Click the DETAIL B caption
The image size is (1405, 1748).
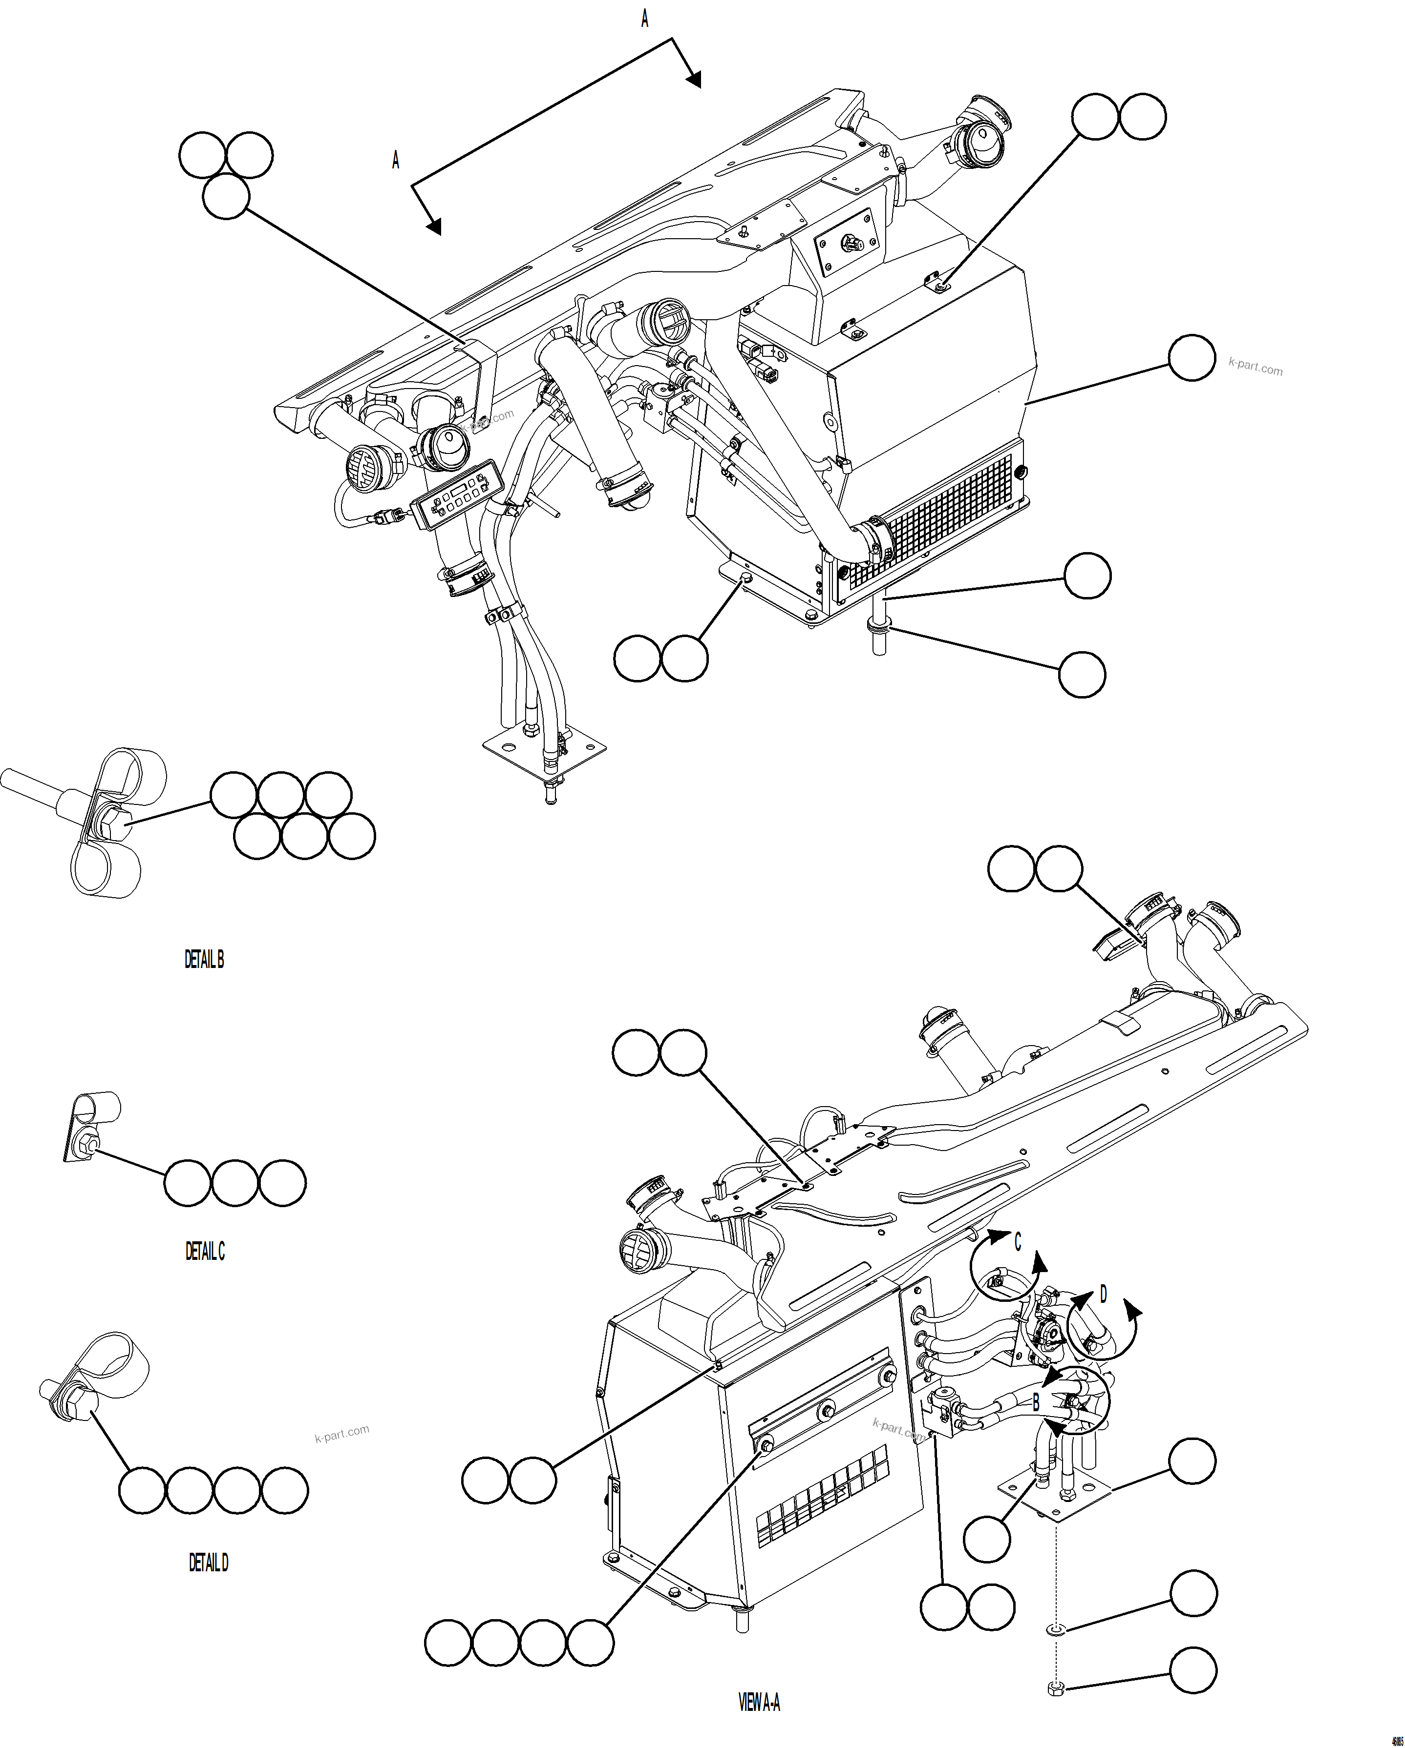click(204, 960)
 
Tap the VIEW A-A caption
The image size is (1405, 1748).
click(759, 1702)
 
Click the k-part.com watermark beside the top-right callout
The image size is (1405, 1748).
click(1255, 367)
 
